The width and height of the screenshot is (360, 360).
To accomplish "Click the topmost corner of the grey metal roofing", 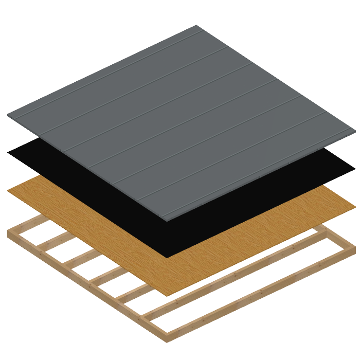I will [x=196, y=26].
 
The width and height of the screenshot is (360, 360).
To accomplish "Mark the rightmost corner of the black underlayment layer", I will [x=354, y=168].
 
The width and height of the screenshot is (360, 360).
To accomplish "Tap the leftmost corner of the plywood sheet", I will [x=8, y=191].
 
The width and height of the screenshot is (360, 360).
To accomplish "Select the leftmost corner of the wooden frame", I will [x=8, y=232].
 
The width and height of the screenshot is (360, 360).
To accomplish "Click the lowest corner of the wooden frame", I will [x=167, y=341].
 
